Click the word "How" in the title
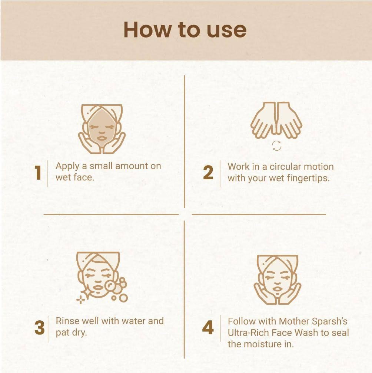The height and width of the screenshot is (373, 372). click(x=147, y=30)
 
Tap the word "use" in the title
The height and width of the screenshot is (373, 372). click(x=227, y=31)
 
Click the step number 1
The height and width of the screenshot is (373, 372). click(x=38, y=173)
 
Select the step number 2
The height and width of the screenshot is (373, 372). click(x=208, y=173)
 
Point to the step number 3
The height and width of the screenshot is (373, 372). click(x=39, y=328)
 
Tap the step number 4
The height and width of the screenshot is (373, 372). click(x=208, y=327)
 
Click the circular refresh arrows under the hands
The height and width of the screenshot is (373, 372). click(x=276, y=145)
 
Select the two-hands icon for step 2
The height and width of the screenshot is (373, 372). click(x=276, y=120)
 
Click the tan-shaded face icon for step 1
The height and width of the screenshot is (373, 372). click(x=102, y=129)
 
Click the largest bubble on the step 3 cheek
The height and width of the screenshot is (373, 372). click(x=110, y=286)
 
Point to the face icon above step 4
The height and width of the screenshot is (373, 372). click(x=277, y=280)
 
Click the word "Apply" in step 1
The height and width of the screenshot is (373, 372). click(x=67, y=166)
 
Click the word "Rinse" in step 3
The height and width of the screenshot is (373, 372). click(x=67, y=321)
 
